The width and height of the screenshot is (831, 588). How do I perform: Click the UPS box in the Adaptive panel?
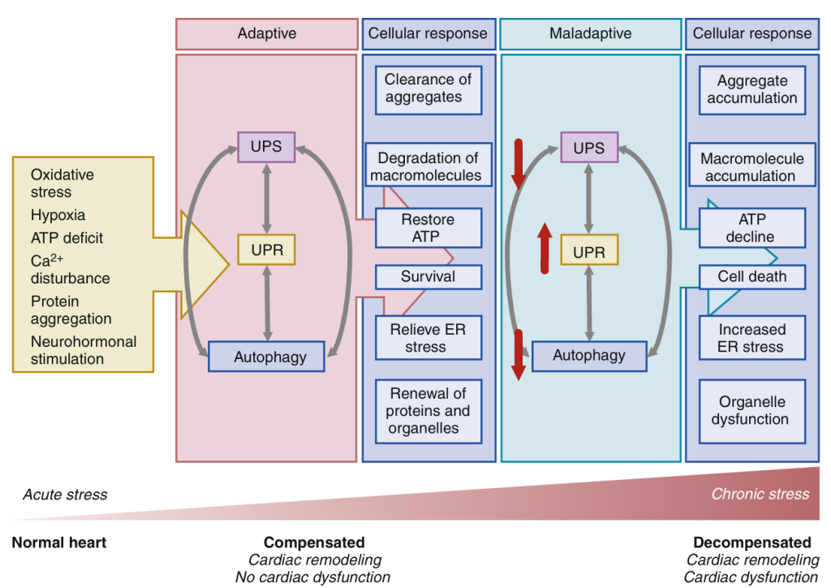(x=266, y=148)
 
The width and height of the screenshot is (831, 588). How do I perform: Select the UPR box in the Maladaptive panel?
(x=589, y=252)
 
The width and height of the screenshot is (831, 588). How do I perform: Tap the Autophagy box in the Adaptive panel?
(x=267, y=357)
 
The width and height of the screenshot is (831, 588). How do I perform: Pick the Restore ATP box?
(x=428, y=228)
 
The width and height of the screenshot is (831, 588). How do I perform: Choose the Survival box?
(x=428, y=277)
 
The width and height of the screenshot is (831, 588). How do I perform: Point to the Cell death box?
(x=752, y=277)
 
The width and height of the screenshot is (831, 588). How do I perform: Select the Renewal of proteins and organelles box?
(x=428, y=411)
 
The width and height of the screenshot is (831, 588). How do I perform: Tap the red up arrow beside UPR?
(x=545, y=248)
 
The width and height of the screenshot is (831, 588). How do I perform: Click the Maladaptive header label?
(x=590, y=34)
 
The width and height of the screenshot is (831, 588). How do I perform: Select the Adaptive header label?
(x=267, y=34)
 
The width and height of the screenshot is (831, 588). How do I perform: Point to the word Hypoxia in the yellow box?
(x=58, y=215)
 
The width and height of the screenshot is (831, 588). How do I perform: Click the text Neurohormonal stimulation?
(x=84, y=350)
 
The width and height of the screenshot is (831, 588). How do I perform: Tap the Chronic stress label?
(x=760, y=494)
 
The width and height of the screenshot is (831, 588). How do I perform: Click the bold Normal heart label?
(x=58, y=543)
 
